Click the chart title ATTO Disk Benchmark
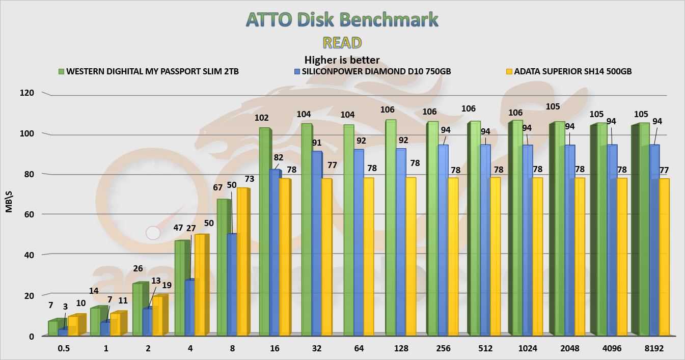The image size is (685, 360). (342, 19)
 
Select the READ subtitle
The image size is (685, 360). (342, 42)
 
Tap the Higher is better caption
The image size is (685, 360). (342, 60)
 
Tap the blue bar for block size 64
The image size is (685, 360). (359, 242)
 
